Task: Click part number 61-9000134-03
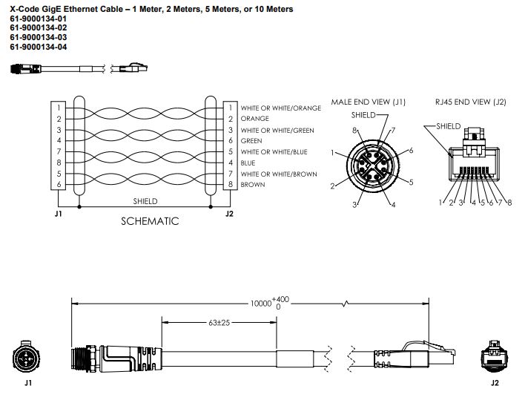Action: coord(38,36)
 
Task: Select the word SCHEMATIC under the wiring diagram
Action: coord(151,220)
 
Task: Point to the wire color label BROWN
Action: coord(254,185)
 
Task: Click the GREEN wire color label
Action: coord(251,141)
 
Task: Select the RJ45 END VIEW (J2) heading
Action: coord(471,102)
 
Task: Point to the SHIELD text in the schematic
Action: coord(145,200)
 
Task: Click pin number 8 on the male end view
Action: coord(357,131)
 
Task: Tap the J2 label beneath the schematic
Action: coord(230,214)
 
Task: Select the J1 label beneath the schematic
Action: coord(58,214)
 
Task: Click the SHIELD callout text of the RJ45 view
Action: coord(449,126)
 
